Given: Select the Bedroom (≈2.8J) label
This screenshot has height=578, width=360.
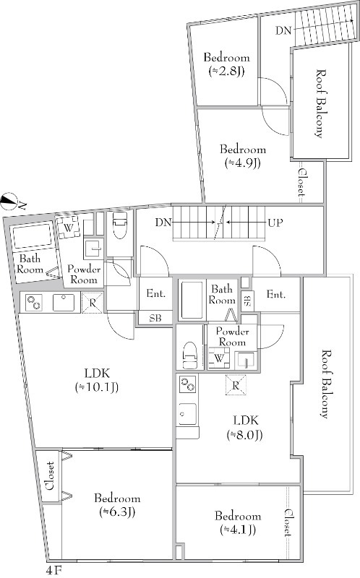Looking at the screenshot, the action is pos(226,64).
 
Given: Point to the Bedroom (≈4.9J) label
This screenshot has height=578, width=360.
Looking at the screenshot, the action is pos(243,156).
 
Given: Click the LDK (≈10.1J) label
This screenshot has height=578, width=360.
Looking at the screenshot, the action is pos(97,380).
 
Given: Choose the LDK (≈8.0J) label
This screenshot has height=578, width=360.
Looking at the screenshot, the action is pos(245,428).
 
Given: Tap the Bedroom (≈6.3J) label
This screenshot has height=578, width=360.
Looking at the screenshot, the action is pos(117,505).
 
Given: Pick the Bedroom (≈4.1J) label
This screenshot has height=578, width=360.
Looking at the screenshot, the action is pos(238,522).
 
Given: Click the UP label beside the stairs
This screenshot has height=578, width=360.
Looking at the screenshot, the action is pos(275,223).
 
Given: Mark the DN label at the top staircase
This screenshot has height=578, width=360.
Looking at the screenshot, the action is pos(283,30).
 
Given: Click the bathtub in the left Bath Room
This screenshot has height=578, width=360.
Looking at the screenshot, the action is pos(33,236).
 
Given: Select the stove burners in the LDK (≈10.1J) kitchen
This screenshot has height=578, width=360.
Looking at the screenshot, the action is pos(33,303).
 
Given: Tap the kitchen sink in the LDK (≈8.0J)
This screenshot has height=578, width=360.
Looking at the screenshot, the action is pos(187,413).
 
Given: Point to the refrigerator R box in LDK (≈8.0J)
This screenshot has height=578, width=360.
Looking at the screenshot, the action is pos(236,385).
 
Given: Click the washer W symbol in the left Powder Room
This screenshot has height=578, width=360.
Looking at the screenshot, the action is pos(69,228).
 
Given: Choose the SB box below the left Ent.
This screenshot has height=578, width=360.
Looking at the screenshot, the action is pos(155,318).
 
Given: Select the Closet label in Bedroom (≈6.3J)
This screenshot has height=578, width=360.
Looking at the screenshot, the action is pos(51,475).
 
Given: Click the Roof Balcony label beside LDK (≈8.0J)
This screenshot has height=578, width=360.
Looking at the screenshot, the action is pos(324,384).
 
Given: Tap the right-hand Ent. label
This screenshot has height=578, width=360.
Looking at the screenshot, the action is pos(276,295).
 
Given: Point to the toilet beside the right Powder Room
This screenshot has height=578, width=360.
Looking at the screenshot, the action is pos(189,355).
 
